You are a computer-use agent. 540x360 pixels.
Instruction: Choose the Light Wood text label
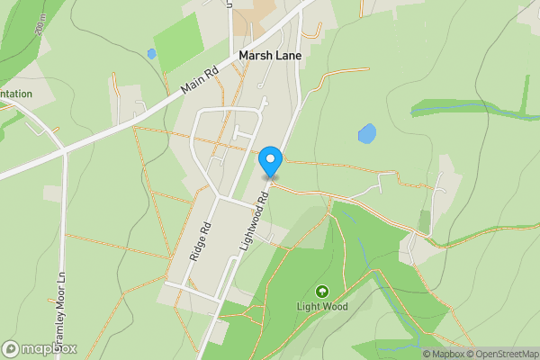[322, 306]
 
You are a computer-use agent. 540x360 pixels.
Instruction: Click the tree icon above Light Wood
[322, 291]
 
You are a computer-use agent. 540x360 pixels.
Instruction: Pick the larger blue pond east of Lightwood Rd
[367, 134]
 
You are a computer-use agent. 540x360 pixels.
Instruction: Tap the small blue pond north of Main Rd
[151, 54]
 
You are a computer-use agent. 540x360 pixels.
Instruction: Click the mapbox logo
[40, 348]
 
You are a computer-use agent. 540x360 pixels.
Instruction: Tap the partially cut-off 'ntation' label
[15, 94]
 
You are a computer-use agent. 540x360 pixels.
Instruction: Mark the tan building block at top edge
[258, 11]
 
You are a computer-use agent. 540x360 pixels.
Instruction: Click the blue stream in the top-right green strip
[468, 112]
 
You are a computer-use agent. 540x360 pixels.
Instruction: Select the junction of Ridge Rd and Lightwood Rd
[220, 197]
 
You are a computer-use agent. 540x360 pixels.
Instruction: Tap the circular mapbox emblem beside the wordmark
[11, 348]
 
